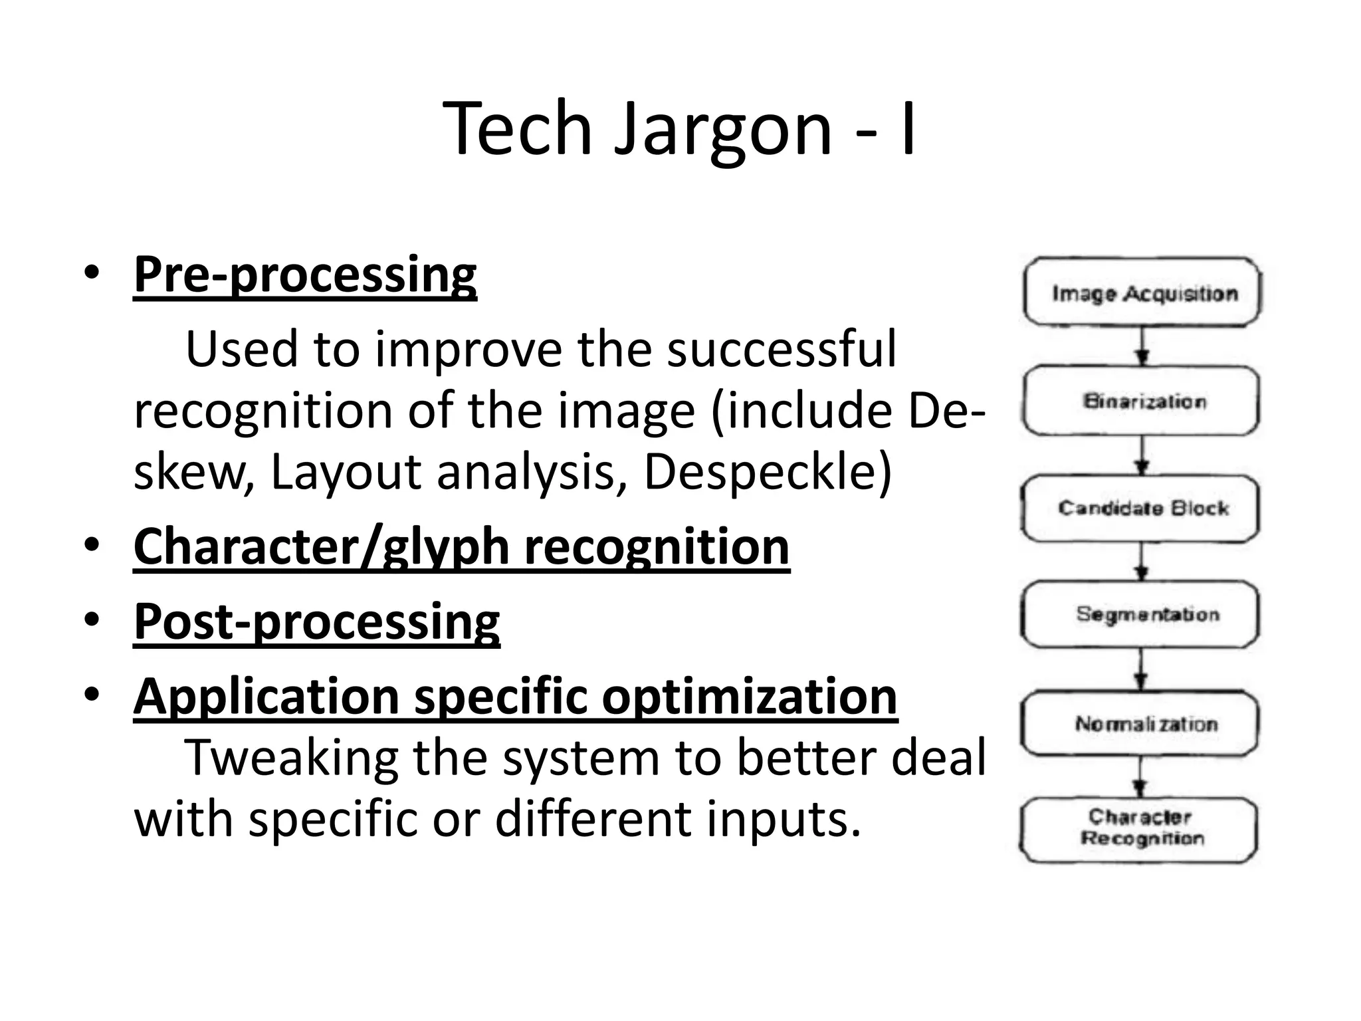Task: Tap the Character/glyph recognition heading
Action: coord(461,546)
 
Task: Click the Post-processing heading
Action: coord(316,622)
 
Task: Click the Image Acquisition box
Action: coord(1142,292)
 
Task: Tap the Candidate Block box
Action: coord(1140,509)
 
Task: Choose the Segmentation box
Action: coord(1140,614)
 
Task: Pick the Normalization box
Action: coord(1140,723)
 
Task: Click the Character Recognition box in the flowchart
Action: coord(1139,828)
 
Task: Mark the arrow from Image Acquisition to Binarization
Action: coord(1142,346)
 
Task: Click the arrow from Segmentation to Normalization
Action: coord(1141,669)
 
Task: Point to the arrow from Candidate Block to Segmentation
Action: coord(1142,562)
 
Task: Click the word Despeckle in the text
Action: coord(767,472)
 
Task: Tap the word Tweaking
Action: coord(290,758)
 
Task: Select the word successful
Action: coord(782,349)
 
